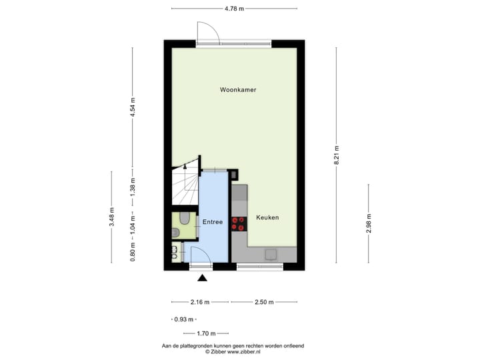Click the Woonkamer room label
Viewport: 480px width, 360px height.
pos(238,89)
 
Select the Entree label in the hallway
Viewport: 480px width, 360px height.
pos(213,222)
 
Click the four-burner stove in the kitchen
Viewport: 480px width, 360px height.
pos(238,224)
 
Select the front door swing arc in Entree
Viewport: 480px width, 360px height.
pos(198,253)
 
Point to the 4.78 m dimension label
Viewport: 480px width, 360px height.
pos(233,8)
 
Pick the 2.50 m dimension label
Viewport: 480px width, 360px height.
pos(264,302)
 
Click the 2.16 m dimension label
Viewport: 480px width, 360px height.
pos(199,302)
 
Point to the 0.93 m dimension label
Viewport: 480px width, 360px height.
pos(183,319)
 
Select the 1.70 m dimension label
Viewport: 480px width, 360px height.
pos(205,333)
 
